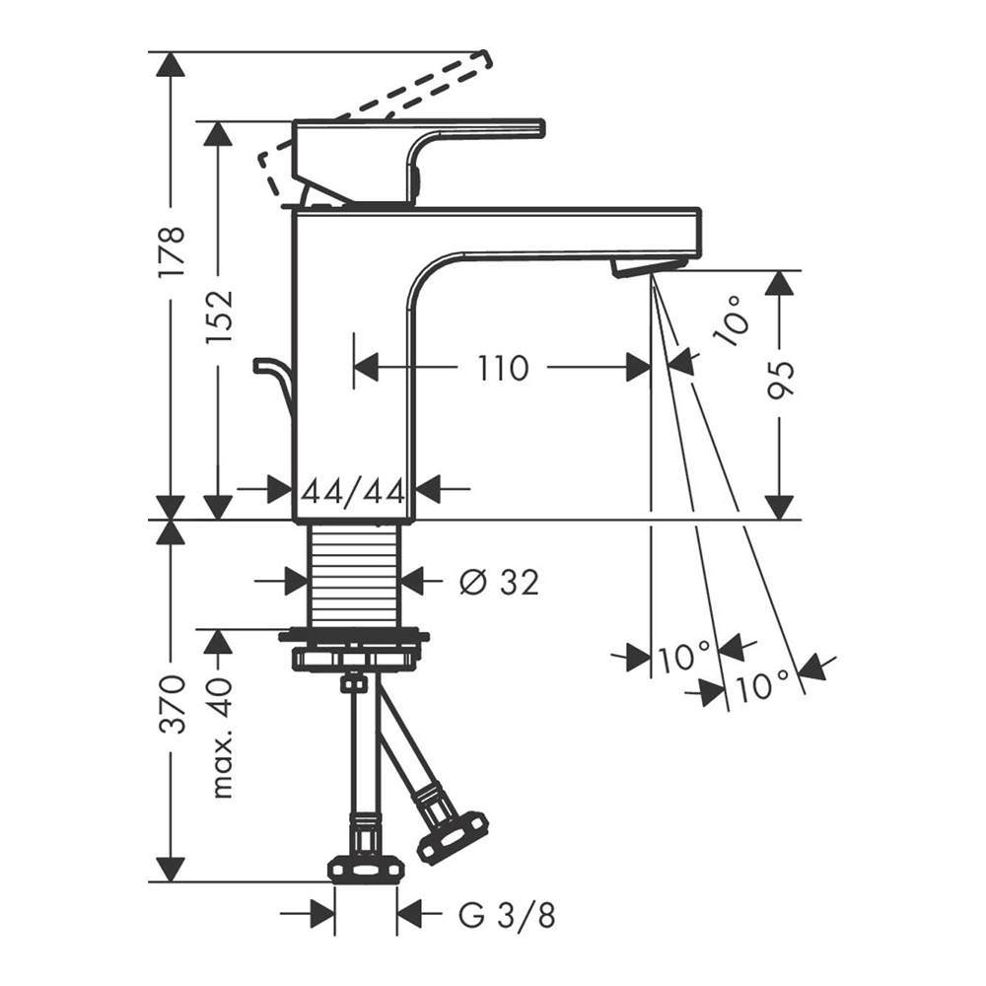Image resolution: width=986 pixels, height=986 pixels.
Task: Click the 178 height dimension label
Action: [172, 250]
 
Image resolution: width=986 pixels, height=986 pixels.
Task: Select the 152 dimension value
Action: [220, 316]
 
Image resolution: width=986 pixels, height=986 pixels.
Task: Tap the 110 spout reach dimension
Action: [503, 368]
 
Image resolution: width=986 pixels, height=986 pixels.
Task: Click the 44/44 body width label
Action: [353, 493]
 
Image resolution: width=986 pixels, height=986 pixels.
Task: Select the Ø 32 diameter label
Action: [499, 583]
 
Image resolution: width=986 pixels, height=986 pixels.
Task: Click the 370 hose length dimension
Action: [172, 704]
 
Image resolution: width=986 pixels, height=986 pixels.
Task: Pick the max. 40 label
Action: [221, 737]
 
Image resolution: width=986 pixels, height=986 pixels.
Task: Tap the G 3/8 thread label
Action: [507, 916]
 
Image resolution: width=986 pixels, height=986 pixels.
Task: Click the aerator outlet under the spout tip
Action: [633, 268]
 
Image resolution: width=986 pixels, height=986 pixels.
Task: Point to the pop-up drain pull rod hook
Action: [273, 385]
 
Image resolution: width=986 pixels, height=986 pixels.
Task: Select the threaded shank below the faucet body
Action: [355, 575]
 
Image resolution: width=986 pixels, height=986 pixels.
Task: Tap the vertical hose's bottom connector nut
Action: [366, 871]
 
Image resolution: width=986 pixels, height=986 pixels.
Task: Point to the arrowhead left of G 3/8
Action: [322, 915]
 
